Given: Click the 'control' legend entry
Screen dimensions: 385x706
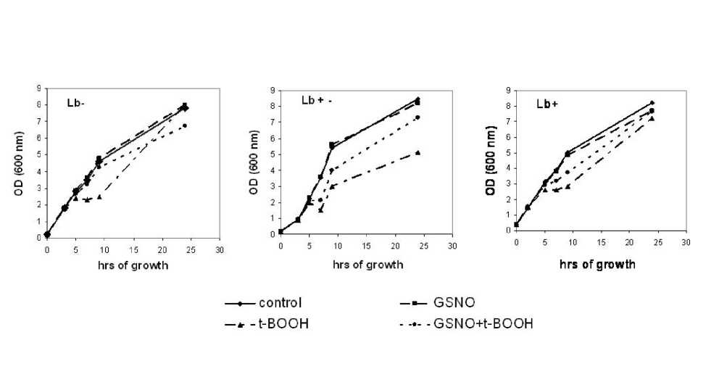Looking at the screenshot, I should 280,302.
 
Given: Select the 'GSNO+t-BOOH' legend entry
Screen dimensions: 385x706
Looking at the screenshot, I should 482,323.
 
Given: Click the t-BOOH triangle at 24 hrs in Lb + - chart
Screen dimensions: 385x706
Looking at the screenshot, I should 418,152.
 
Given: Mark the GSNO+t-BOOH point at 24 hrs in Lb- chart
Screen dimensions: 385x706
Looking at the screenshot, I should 185,125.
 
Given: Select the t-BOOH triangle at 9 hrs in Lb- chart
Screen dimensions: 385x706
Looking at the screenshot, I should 99,196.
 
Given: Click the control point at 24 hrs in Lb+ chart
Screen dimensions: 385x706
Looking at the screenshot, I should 652,102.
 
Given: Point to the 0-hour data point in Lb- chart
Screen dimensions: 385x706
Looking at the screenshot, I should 47,234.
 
